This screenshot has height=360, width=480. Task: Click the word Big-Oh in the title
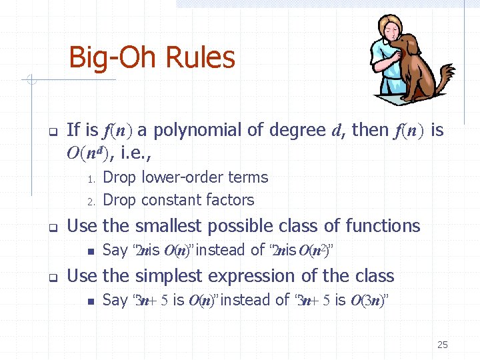pyautogui.click(x=109, y=58)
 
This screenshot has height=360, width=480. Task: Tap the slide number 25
pyautogui.click(x=442, y=345)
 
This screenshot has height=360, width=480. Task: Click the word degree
pyautogui.click(x=297, y=130)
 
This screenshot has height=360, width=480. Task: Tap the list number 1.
pyautogui.click(x=92, y=179)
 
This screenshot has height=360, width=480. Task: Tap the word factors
pyautogui.click(x=230, y=200)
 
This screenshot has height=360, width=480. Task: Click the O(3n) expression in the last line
pyautogui.click(x=365, y=301)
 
